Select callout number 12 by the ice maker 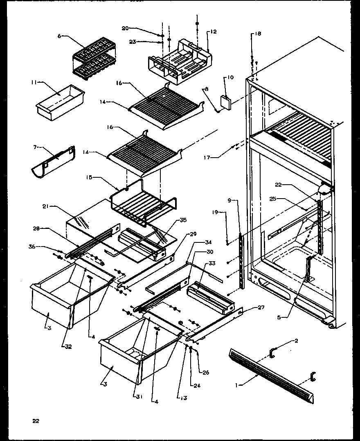[214, 32]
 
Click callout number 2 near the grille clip [297, 341]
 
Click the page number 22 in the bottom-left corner [36, 421]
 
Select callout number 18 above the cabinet [257, 34]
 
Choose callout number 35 [183, 220]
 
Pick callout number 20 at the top [125, 28]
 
